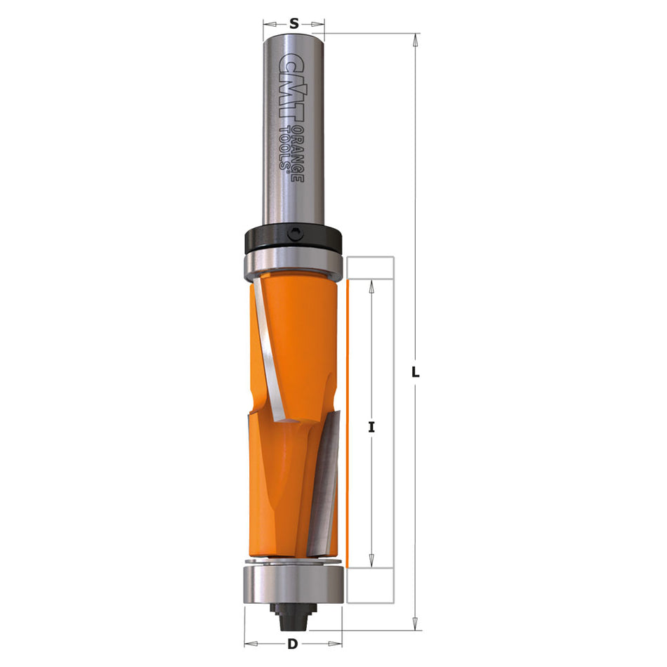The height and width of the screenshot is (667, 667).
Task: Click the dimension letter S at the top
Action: coord(294,23)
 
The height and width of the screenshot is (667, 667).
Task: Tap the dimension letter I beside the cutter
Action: coord(372,426)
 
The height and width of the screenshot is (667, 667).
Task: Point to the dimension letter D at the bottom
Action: coord(292,643)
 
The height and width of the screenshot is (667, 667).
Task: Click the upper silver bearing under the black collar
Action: coord(293,265)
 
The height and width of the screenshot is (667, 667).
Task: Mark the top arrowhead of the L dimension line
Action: coord(416,39)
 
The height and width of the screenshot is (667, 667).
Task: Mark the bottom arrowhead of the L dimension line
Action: coord(416,623)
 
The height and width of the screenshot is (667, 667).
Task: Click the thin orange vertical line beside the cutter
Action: coord(347,421)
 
